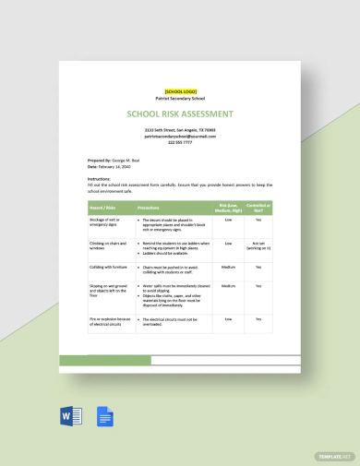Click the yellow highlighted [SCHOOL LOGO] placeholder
tap(180, 90)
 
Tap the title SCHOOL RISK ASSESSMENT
tap(180, 114)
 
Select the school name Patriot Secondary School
tap(180, 97)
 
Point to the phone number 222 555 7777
tap(180, 142)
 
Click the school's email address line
tap(180, 137)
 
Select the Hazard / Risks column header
tap(103, 209)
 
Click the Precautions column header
tap(150, 209)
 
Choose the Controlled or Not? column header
tap(258, 209)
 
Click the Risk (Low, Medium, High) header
tap(228, 209)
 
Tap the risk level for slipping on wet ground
tap(228, 287)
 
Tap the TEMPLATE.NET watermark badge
tap(334, 455)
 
